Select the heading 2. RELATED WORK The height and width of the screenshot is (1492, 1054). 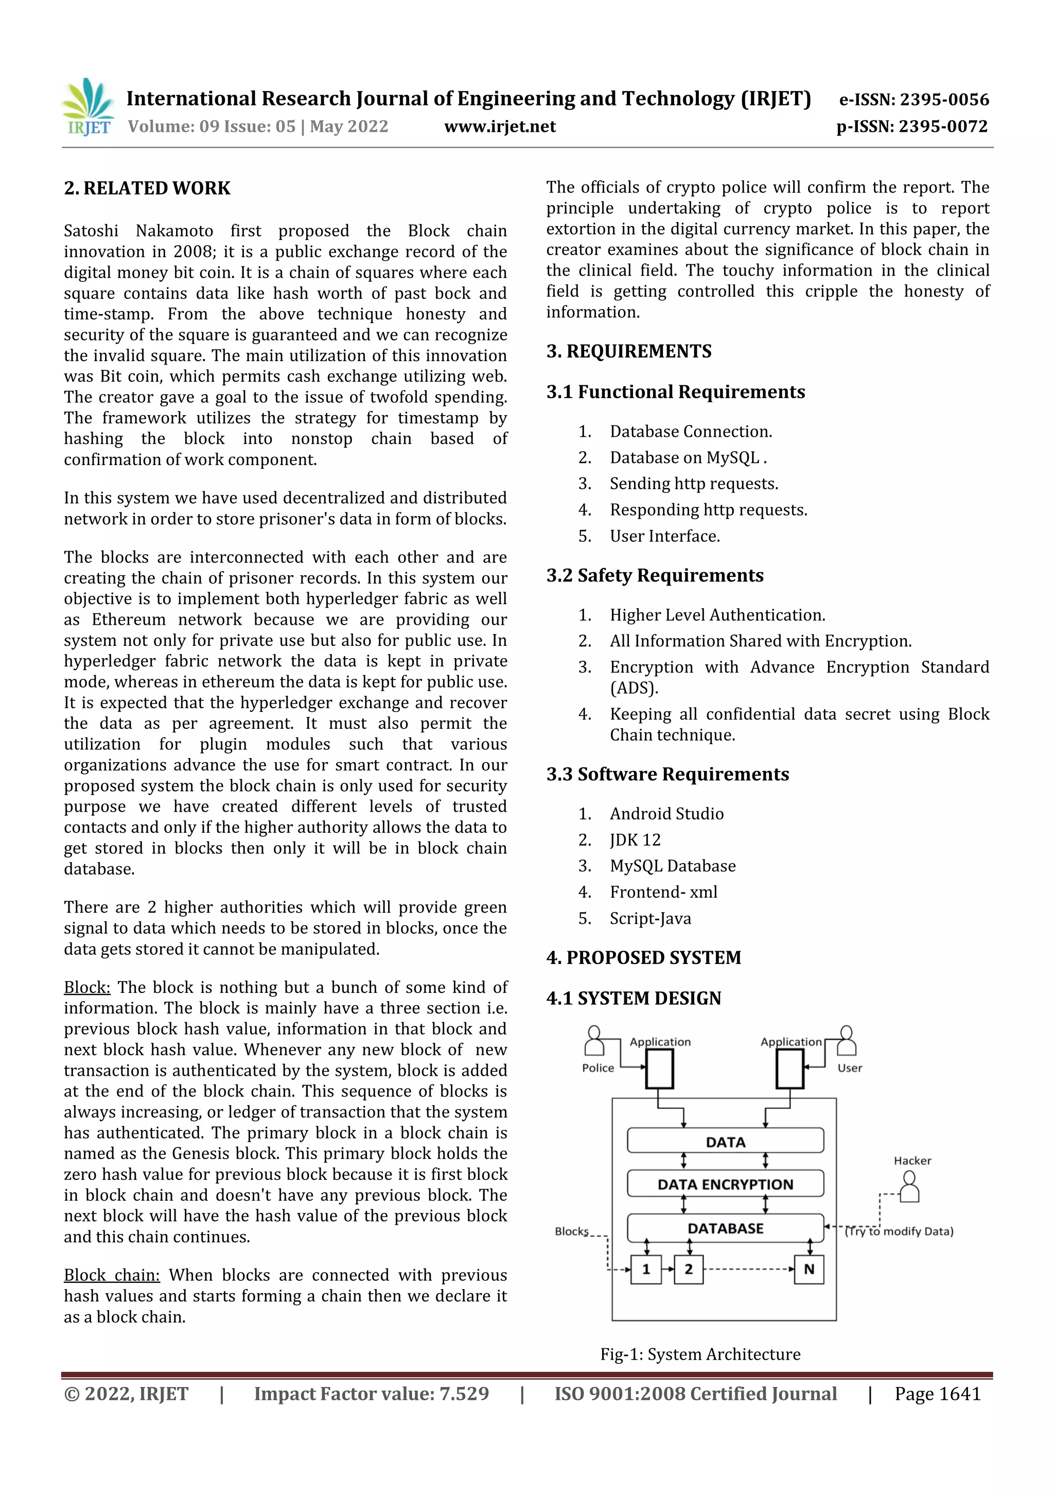point(147,188)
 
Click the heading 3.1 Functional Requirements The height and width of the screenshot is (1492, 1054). point(675,392)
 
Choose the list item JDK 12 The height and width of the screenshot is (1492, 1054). point(635,840)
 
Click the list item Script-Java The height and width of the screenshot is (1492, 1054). point(650,919)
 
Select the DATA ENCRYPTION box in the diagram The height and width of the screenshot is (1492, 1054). point(725,1185)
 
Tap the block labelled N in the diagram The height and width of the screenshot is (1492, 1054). point(809,1269)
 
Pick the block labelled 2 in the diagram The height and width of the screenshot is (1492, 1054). point(689,1269)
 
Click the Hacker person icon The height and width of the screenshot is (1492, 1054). point(910,1187)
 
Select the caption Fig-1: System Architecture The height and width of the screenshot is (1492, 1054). point(699,1354)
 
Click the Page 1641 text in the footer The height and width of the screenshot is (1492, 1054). point(937,1394)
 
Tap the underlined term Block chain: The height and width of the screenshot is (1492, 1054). point(111,1275)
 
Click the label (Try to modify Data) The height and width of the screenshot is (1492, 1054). point(899,1231)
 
